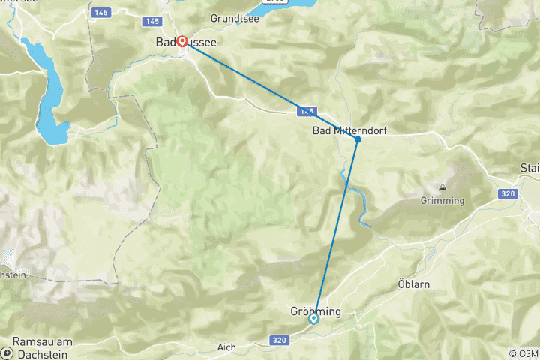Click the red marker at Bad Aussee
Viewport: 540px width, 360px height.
(x=181, y=42)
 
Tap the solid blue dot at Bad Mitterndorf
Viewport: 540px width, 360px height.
(x=358, y=139)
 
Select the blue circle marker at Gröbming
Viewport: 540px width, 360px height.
(x=314, y=318)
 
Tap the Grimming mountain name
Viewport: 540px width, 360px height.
(x=442, y=201)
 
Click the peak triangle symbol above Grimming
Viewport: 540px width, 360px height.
(x=442, y=188)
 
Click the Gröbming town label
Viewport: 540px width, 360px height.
(x=316, y=310)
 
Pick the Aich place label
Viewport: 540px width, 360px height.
(x=226, y=346)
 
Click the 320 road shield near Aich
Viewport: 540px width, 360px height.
(x=279, y=340)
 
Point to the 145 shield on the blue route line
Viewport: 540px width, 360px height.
(x=305, y=111)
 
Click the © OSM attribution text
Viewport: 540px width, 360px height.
(x=523, y=353)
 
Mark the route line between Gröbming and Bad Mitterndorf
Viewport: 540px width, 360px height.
(x=336, y=229)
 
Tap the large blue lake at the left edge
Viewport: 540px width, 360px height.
(x=46, y=90)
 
